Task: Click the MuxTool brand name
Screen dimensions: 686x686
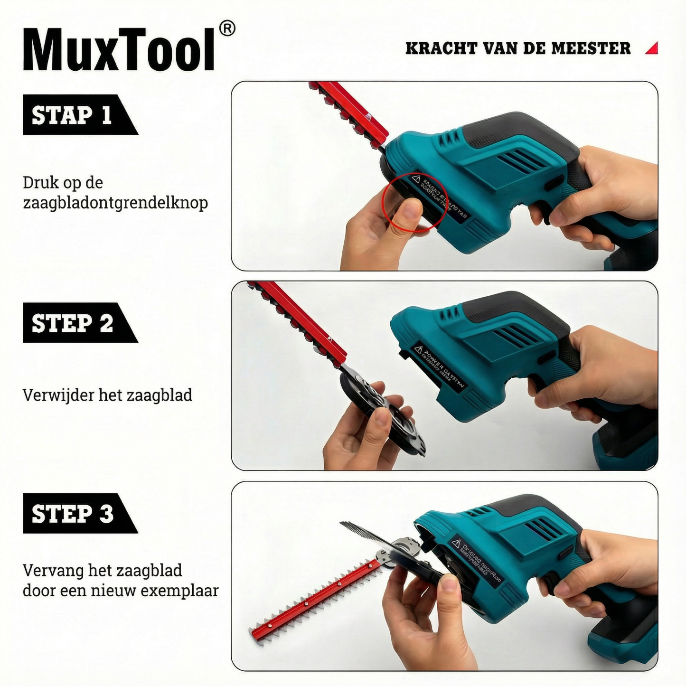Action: pyautogui.click(x=119, y=50)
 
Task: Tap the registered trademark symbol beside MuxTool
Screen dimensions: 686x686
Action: pyautogui.click(x=228, y=29)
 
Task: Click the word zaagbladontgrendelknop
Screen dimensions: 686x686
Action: pyautogui.click(x=115, y=203)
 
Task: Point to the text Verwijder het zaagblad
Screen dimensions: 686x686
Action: pyautogui.click(x=107, y=395)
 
